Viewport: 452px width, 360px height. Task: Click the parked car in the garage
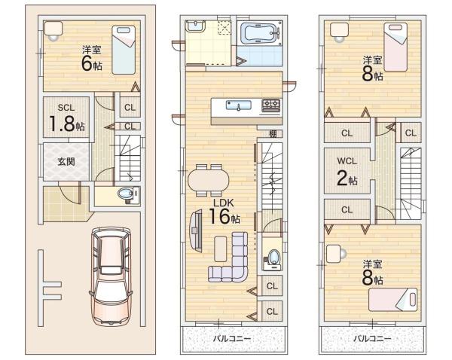coord(111,276)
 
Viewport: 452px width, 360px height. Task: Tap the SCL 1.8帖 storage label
coord(66,118)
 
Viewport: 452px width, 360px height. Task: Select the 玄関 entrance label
coord(66,162)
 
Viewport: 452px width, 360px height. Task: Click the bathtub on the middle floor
coord(259,33)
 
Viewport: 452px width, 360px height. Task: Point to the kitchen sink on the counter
coord(238,105)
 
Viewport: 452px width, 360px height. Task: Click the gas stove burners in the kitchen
coord(270,105)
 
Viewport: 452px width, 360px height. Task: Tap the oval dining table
coord(209,181)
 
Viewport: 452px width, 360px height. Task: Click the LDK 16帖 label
coord(224,212)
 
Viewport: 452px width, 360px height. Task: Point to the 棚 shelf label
coord(273,134)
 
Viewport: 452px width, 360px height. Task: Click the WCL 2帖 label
coord(347,172)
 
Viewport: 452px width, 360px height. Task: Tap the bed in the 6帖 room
coord(124,50)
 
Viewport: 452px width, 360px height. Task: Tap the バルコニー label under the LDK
coord(232,338)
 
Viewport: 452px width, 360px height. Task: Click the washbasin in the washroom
coord(195,26)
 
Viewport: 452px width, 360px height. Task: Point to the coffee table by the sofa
coord(221,249)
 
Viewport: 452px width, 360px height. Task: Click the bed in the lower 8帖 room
coord(393,300)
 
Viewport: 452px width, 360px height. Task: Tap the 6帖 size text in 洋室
coord(92,64)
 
